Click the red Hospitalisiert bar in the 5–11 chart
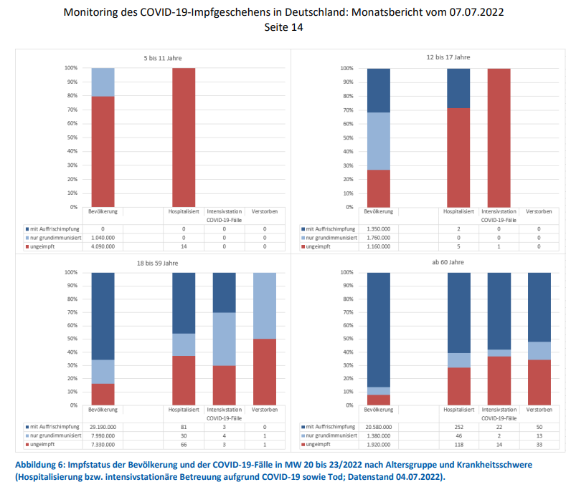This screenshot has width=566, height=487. (183, 138)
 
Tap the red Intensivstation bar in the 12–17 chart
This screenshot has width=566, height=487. (499, 138)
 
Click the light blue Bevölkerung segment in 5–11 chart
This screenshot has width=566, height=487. (103, 82)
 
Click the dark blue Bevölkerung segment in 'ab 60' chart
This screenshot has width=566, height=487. (379, 329)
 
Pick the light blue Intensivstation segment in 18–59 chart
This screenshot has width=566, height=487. (224, 339)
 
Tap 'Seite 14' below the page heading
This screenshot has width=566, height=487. (282, 28)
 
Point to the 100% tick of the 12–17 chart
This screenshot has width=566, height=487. (347, 69)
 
